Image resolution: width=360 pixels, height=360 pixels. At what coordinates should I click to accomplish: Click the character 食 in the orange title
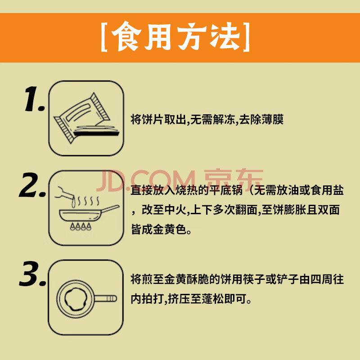(x=126, y=37)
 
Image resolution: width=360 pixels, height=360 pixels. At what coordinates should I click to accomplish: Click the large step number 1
(x=34, y=99)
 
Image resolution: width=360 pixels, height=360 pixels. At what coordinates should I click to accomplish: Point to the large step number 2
(x=32, y=185)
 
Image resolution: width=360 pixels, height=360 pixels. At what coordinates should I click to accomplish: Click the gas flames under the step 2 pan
(x=81, y=226)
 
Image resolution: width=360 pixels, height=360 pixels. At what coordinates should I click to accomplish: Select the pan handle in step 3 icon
(x=106, y=298)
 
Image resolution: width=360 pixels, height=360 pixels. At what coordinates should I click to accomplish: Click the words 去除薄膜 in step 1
(x=261, y=119)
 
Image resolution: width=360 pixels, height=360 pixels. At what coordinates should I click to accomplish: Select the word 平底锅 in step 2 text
(x=226, y=190)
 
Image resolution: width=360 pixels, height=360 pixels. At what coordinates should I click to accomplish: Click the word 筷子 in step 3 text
(x=254, y=279)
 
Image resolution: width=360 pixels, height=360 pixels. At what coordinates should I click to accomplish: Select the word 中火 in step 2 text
(x=175, y=210)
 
